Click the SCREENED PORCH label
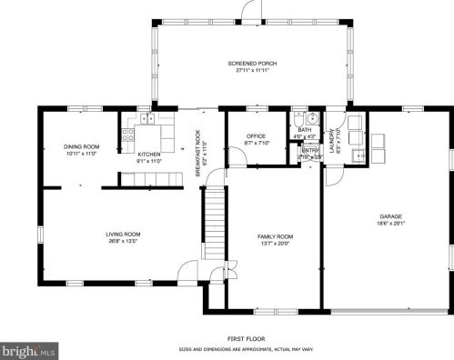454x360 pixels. click(252, 63)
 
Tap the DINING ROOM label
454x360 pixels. click(81, 146)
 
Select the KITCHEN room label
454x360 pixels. click(149, 155)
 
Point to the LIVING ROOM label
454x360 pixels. click(122, 235)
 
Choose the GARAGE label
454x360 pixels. click(391, 216)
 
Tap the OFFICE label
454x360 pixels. click(255, 136)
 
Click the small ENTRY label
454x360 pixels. click(310, 151)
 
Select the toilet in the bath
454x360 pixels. click(298, 119)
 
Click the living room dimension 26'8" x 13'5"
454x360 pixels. click(122, 242)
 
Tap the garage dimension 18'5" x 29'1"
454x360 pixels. click(391, 224)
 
